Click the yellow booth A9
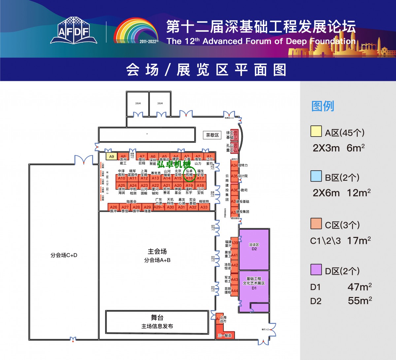click(x=112, y=157)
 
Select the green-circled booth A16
click(x=189, y=178)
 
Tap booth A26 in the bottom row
click(x=114, y=207)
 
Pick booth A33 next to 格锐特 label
click(x=204, y=207)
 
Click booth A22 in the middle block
click(x=155, y=185)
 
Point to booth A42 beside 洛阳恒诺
click(x=234, y=265)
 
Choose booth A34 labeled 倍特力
click(x=234, y=165)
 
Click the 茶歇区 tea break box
click(x=212, y=135)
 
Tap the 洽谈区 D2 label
click(x=254, y=247)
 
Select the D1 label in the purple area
click(x=254, y=288)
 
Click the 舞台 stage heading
click(x=157, y=318)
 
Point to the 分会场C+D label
click(x=64, y=255)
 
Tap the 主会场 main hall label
click(x=157, y=251)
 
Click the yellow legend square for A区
click(x=316, y=131)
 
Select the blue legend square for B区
click(x=316, y=176)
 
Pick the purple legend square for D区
click(x=316, y=270)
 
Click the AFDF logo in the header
click(x=74, y=31)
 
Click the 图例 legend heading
click(x=323, y=106)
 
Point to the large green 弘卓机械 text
click(x=174, y=164)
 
